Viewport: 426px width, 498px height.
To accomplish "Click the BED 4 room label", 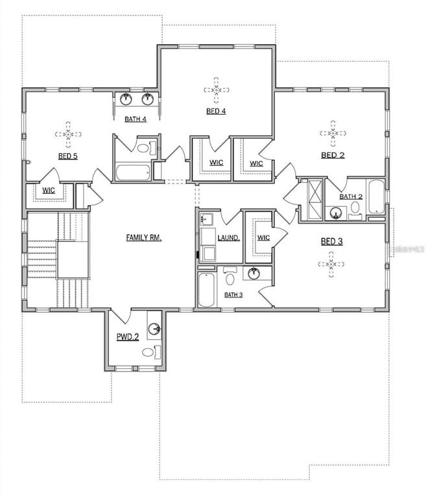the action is pyautogui.click(x=216, y=111).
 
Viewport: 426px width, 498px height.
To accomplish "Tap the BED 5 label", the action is pyautogui.click(x=67, y=156).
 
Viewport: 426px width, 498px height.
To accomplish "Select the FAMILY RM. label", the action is pyautogui.click(x=144, y=237).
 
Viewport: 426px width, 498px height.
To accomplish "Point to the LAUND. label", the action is pyautogui.click(x=229, y=237).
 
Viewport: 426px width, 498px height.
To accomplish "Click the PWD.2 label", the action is pyautogui.click(x=128, y=337).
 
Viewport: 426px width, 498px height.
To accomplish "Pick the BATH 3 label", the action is pyautogui.click(x=233, y=295).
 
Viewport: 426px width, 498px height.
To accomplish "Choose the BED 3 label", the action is pyautogui.click(x=331, y=242).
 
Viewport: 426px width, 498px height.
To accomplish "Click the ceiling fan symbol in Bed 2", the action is pyautogui.click(x=333, y=134).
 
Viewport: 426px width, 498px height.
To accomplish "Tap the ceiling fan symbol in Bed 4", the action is pyautogui.click(x=217, y=90).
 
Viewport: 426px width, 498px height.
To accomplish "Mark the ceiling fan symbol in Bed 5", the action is pyautogui.click(x=68, y=134).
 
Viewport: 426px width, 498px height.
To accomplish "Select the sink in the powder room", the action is pyautogui.click(x=155, y=328).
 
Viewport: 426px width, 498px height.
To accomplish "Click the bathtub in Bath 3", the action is pyautogui.click(x=206, y=289).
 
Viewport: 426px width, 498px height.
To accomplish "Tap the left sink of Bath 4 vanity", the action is pyautogui.click(x=126, y=99).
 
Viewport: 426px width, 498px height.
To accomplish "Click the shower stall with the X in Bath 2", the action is pyautogui.click(x=315, y=200).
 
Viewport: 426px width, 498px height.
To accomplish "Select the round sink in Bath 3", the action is pyautogui.click(x=254, y=274).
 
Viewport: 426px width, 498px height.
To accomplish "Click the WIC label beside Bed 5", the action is pyautogui.click(x=49, y=191).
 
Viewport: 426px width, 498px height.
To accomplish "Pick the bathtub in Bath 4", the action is pyautogui.click(x=133, y=172).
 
